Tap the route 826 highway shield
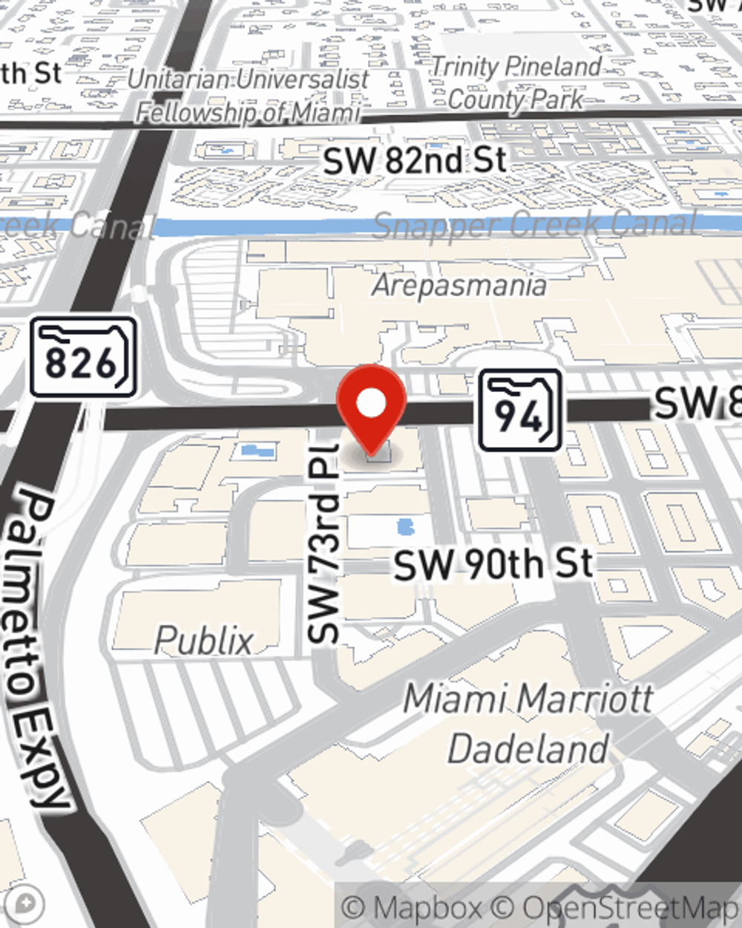tap(83, 358)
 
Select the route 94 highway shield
tap(519, 411)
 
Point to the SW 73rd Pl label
tap(324, 543)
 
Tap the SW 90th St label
tap(493, 565)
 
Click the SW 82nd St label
tap(415, 160)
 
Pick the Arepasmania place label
tap(459, 285)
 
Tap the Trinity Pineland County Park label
tap(516, 82)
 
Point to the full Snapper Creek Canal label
tap(534, 224)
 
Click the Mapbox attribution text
tap(412, 907)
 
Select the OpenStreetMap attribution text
tap(631, 907)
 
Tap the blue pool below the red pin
tap(404, 528)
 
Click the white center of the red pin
tap(371, 404)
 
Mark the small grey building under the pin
tap(378, 452)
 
